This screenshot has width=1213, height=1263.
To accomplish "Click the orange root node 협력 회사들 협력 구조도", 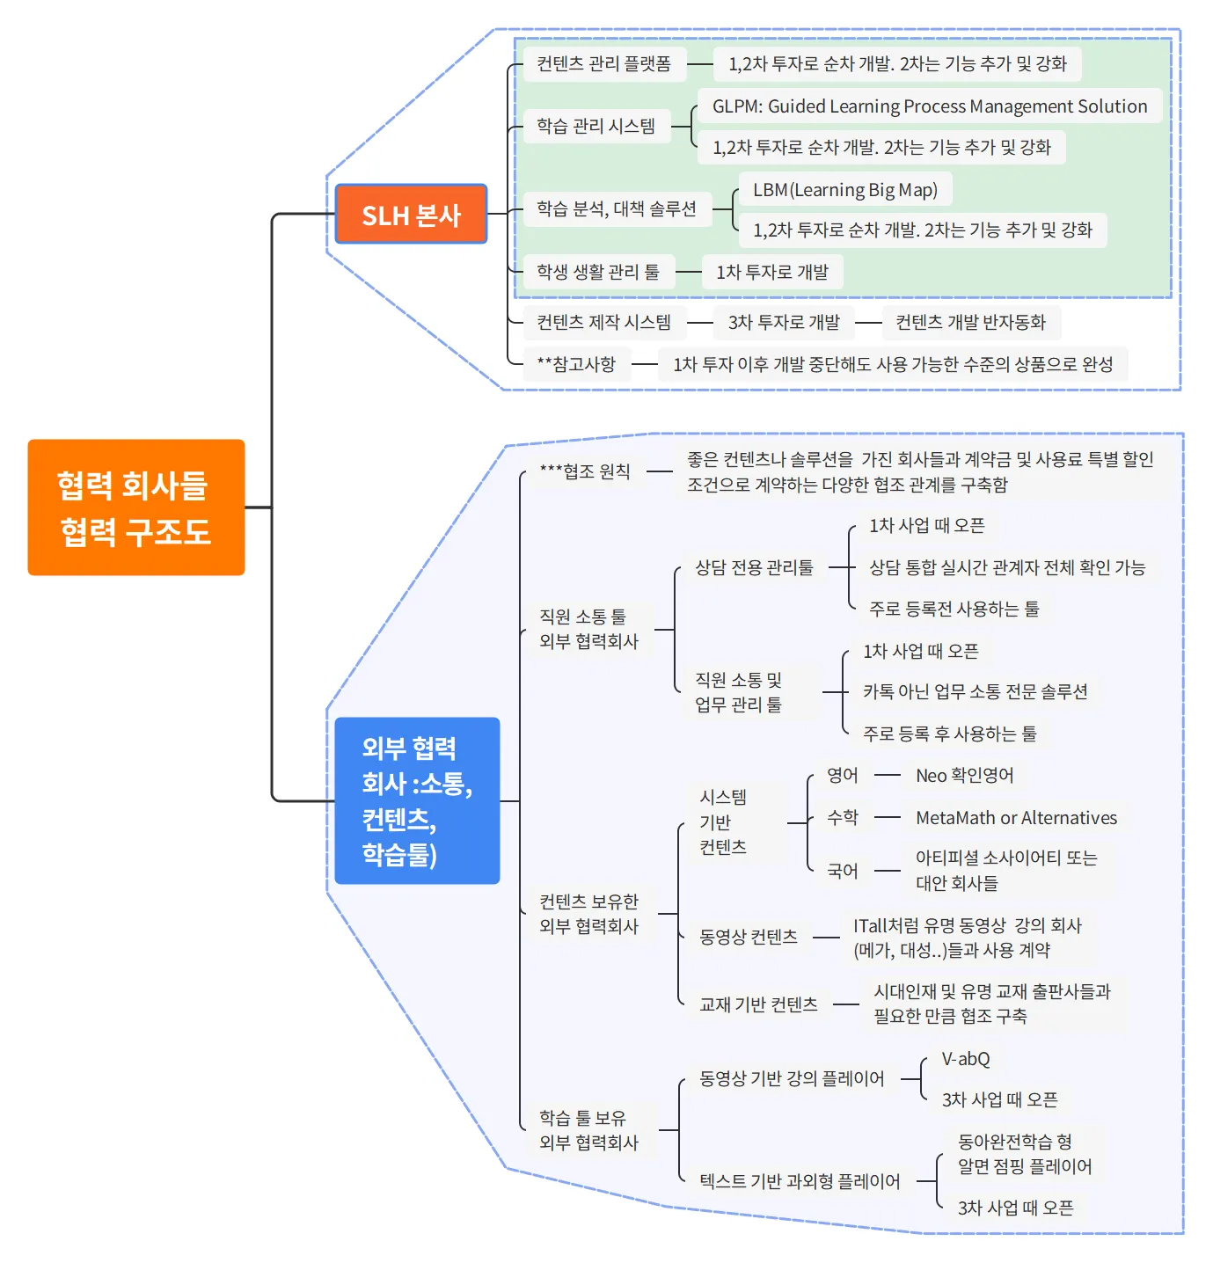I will [135, 507].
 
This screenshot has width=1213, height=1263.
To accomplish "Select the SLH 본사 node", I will [411, 215].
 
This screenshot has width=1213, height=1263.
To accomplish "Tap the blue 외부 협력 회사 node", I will [417, 800].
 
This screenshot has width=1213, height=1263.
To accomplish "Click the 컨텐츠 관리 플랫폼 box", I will [604, 64].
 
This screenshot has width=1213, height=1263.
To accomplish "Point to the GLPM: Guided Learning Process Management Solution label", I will [930, 106].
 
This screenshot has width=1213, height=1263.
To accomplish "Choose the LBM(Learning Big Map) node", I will [845, 190].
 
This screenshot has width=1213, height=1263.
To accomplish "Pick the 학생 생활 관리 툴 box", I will [598, 272].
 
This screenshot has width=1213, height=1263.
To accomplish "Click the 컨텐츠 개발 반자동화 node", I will [970, 323].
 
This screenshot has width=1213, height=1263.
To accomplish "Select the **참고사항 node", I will [576, 364].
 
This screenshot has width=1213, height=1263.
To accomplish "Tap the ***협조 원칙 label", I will [585, 471].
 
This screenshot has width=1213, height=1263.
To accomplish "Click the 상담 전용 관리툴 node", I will [754, 567].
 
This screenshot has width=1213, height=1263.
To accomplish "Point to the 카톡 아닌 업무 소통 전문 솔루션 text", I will [975, 692].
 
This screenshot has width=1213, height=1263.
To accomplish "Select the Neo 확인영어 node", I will [965, 776].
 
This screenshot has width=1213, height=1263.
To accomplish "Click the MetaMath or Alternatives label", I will [1016, 818].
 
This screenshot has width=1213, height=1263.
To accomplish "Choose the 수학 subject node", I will [842, 818].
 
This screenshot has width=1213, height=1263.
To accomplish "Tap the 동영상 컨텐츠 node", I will [748, 938].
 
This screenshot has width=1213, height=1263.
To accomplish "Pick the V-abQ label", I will [966, 1059].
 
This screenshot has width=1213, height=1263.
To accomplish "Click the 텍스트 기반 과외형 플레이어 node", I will [800, 1181].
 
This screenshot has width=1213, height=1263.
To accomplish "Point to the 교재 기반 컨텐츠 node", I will [758, 1004].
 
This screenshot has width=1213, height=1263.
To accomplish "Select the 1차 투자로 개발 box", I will [772, 273].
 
